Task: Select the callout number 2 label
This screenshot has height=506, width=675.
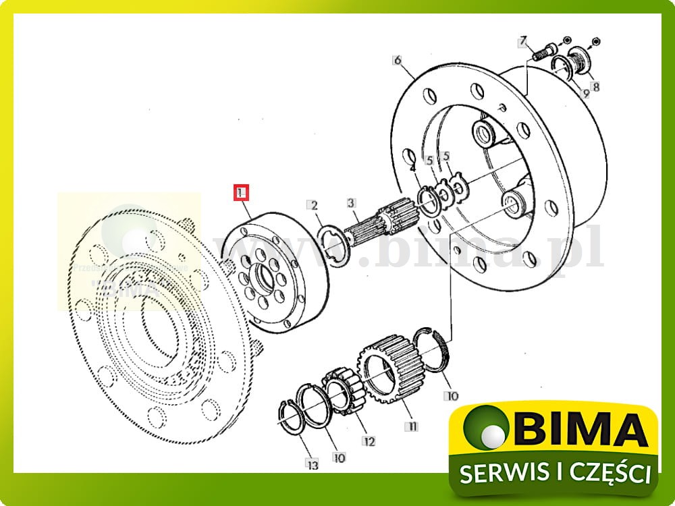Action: (x=312, y=205)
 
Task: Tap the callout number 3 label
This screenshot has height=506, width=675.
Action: (x=351, y=202)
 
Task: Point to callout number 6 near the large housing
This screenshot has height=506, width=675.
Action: (x=398, y=61)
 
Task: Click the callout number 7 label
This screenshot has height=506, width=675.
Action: (x=522, y=43)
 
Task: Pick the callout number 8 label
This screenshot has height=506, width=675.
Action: (x=595, y=86)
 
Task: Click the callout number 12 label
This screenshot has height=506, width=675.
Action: (x=369, y=442)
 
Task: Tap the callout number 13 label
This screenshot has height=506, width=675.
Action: (x=311, y=466)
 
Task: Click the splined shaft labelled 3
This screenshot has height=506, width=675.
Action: (x=368, y=229)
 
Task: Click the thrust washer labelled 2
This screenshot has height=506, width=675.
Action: (x=332, y=241)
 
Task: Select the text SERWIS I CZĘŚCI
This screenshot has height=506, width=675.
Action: (x=556, y=472)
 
